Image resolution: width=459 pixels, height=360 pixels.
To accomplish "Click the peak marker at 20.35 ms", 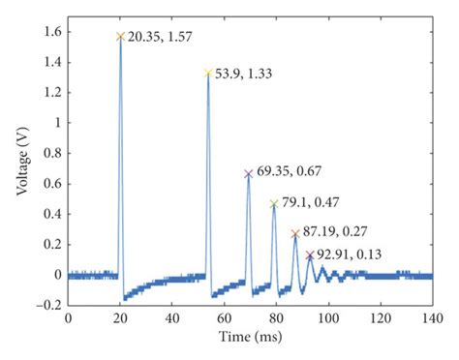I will tap(121, 37).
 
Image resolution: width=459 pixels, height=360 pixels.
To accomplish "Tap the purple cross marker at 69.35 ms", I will tap(249, 174).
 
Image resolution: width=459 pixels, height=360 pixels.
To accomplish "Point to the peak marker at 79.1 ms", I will tap(274, 204).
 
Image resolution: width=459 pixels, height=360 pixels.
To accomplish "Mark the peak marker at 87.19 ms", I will tap(295, 234).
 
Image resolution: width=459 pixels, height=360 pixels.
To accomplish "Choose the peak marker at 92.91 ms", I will tap(310, 255).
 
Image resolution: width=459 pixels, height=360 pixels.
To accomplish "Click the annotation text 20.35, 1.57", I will tap(161, 37).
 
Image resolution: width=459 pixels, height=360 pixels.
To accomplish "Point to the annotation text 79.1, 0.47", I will tap(312, 203).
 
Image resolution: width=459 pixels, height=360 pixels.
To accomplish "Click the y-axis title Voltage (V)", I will tap(20, 158).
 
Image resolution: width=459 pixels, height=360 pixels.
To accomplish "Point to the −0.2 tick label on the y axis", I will tap(46, 306).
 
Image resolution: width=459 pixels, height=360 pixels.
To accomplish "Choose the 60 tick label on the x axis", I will tap(224, 318).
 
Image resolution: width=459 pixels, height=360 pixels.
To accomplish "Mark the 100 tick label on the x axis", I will tap(327, 318).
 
